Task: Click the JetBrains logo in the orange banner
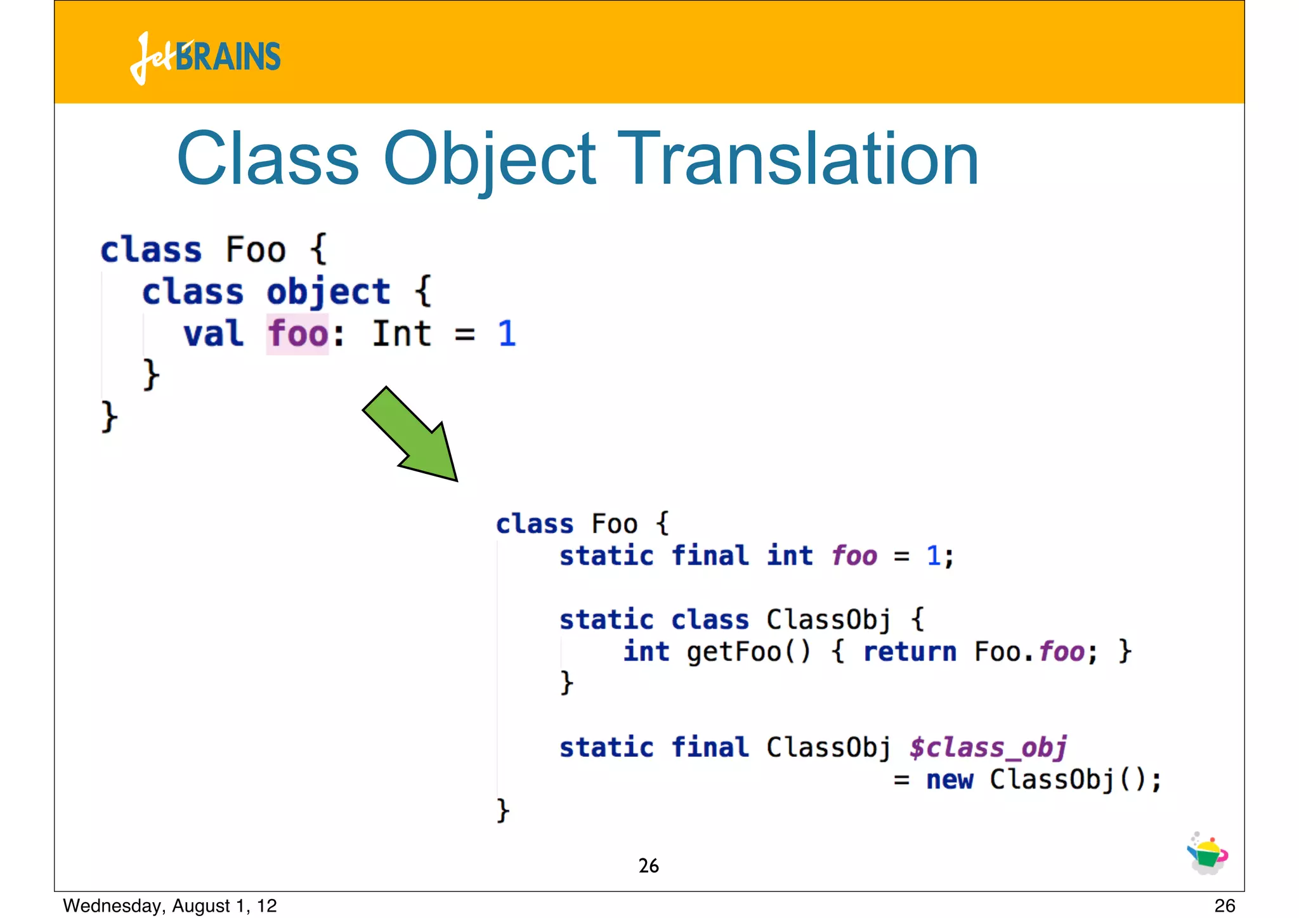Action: (x=206, y=57)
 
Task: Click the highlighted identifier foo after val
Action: (x=297, y=334)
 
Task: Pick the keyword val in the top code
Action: (x=214, y=334)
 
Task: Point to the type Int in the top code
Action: (x=401, y=334)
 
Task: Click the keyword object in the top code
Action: (x=328, y=292)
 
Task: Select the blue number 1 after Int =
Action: (x=506, y=334)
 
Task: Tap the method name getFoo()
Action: (x=748, y=652)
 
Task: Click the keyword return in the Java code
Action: (x=910, y=652)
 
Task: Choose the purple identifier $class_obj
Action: (x=988, y=747)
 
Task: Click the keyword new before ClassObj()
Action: (x=949, y=780)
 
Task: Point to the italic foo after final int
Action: (x=854, y=556)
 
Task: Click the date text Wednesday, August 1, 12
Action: (x=170, y=905)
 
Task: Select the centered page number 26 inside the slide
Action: (x=648, y=866)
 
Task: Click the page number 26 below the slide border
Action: (x=1224, y=905)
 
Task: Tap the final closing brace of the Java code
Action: (x=502, y=811)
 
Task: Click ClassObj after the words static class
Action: (x=828, y=620)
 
